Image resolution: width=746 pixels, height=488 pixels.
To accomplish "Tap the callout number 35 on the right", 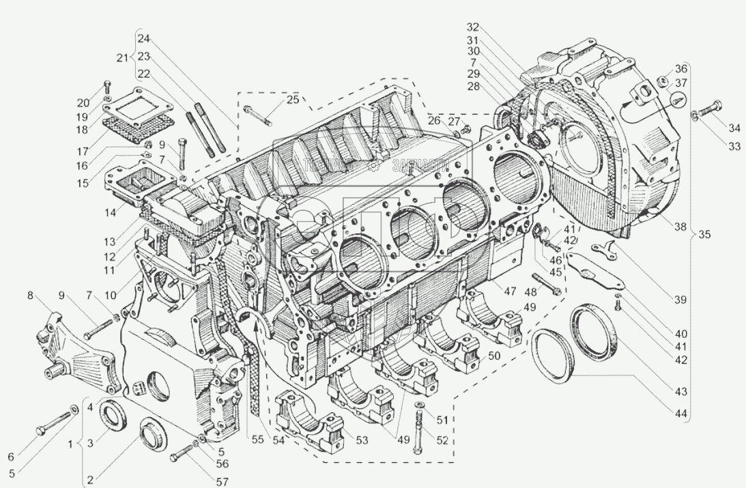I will tap(704, 235).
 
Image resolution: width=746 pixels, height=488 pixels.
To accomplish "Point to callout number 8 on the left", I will tap(29, 296).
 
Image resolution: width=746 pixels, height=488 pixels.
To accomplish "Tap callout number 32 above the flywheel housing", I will tap(473, 27).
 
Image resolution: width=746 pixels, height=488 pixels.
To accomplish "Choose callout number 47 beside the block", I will tap(509, 291).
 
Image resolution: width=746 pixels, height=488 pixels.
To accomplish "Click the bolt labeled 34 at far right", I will tap(710, 109).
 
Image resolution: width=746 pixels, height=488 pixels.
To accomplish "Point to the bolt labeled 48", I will tap(546, 284).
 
